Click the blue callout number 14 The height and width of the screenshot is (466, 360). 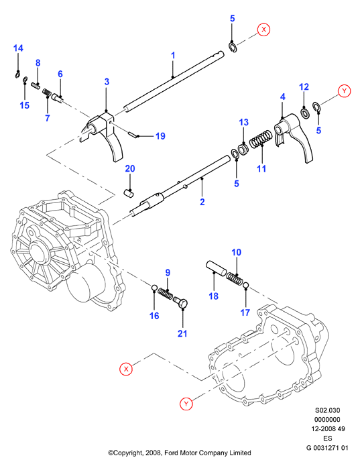18,48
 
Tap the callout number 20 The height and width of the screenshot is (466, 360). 130,168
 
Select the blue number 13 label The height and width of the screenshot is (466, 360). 243,122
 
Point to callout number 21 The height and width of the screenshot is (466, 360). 182,333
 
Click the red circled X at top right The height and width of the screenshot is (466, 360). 263,30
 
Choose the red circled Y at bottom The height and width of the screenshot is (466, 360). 186,404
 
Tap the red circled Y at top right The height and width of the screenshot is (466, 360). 345,91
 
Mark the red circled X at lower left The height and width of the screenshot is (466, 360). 126,369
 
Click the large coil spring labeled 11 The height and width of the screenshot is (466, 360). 261,139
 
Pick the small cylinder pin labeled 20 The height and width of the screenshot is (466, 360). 128,193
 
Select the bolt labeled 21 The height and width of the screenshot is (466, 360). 181,303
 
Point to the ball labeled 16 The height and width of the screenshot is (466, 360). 154,288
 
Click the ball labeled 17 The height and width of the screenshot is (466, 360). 245,286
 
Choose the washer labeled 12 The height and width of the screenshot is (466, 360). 305,113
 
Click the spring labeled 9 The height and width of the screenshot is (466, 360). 165,294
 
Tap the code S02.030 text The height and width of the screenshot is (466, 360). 327,410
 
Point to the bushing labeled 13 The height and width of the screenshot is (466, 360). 243,149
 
